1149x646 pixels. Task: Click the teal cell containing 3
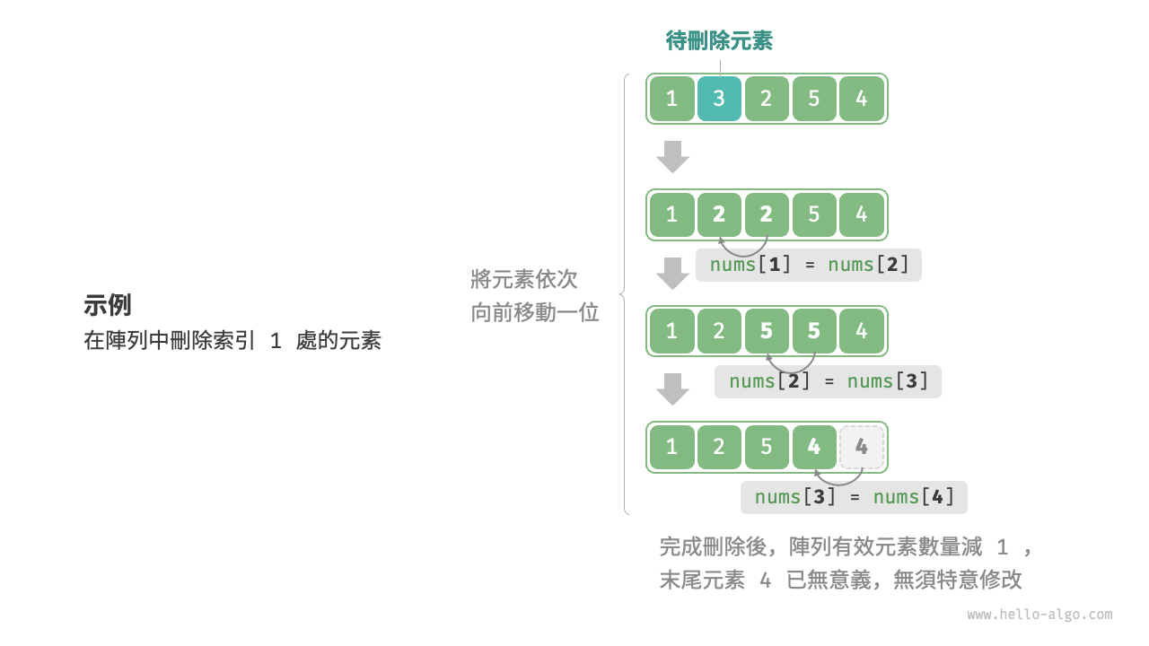[x=719, y=99]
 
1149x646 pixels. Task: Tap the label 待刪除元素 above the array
[x=719, y=40]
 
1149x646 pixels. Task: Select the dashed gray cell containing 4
[x=862, y=447]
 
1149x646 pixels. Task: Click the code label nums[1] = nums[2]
[x=809, y=265]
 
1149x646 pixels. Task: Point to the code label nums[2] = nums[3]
[x=828, y=381]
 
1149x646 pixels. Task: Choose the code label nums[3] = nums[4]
[x=854, y=497]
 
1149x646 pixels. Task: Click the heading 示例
[x=108, y=305]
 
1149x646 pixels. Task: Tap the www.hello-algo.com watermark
[x=1039, y=615]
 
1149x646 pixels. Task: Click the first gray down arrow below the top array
[x=672, y=156]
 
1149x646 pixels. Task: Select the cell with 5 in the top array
[x=814, y=99]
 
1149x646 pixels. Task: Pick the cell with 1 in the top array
[x=671, y=99]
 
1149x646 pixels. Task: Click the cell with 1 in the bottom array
[x=671, y=447]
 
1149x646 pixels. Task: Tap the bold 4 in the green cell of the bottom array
[x=814, y=447]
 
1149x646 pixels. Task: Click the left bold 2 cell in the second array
[x=719, y=214]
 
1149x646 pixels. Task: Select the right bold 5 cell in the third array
[x=814, y=331]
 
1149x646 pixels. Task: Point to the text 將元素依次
[x=524, y=279]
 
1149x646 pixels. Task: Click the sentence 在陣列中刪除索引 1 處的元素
[x=232, y=341]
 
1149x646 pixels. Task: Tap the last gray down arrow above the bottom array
[x=672, y=388]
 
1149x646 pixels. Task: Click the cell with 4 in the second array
[x=862, y=214]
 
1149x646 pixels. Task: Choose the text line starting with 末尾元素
[x=840, y=580]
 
